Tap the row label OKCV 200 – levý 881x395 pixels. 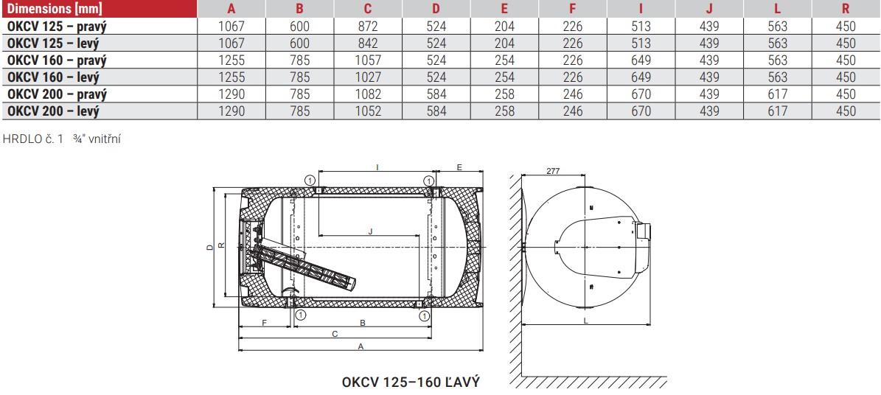53,111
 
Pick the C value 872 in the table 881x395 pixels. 368,26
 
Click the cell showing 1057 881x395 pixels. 368,60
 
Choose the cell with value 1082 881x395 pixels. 368,94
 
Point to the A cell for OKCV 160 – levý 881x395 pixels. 231,77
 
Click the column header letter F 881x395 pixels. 573,8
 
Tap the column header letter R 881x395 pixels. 845,8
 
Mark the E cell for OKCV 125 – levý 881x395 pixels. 504,43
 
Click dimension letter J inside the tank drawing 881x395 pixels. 369,231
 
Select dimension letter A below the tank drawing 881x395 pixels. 361,346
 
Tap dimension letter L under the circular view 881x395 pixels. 585,321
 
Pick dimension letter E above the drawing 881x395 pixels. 459,167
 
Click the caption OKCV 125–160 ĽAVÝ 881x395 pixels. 411,382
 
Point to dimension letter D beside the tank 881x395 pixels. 210,247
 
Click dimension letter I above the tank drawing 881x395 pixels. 377,167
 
